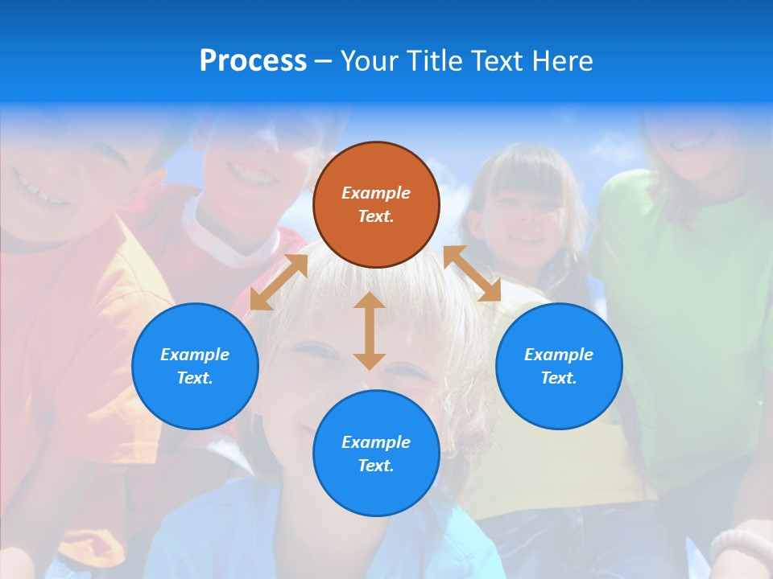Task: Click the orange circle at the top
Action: point(376,204)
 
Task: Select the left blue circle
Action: point(195,366)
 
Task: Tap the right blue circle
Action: point(559,366)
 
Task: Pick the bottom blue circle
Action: point(376,454)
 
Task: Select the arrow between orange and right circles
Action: point(473,273)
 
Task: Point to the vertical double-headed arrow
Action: point(370,331)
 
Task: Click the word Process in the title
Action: point(253,60)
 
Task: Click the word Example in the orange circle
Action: point(376,193)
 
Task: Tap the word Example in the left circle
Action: point(195,355)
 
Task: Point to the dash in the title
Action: point(323,61)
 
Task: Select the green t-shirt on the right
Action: point(684,306)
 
